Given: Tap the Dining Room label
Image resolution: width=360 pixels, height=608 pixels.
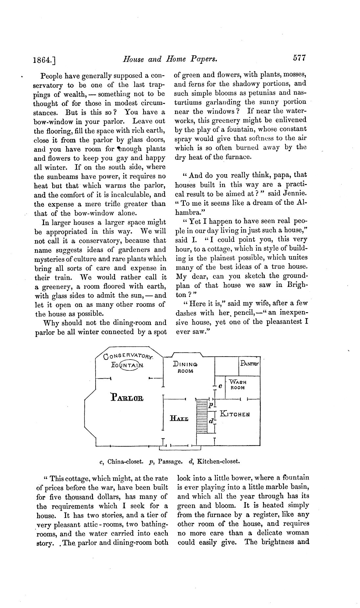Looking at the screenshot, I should point(185,367).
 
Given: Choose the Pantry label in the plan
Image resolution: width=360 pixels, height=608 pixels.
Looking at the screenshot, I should point(250,364).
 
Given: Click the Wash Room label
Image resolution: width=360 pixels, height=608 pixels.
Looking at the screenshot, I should point(237,385).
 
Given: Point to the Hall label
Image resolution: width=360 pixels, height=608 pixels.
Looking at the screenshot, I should point(179,419).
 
